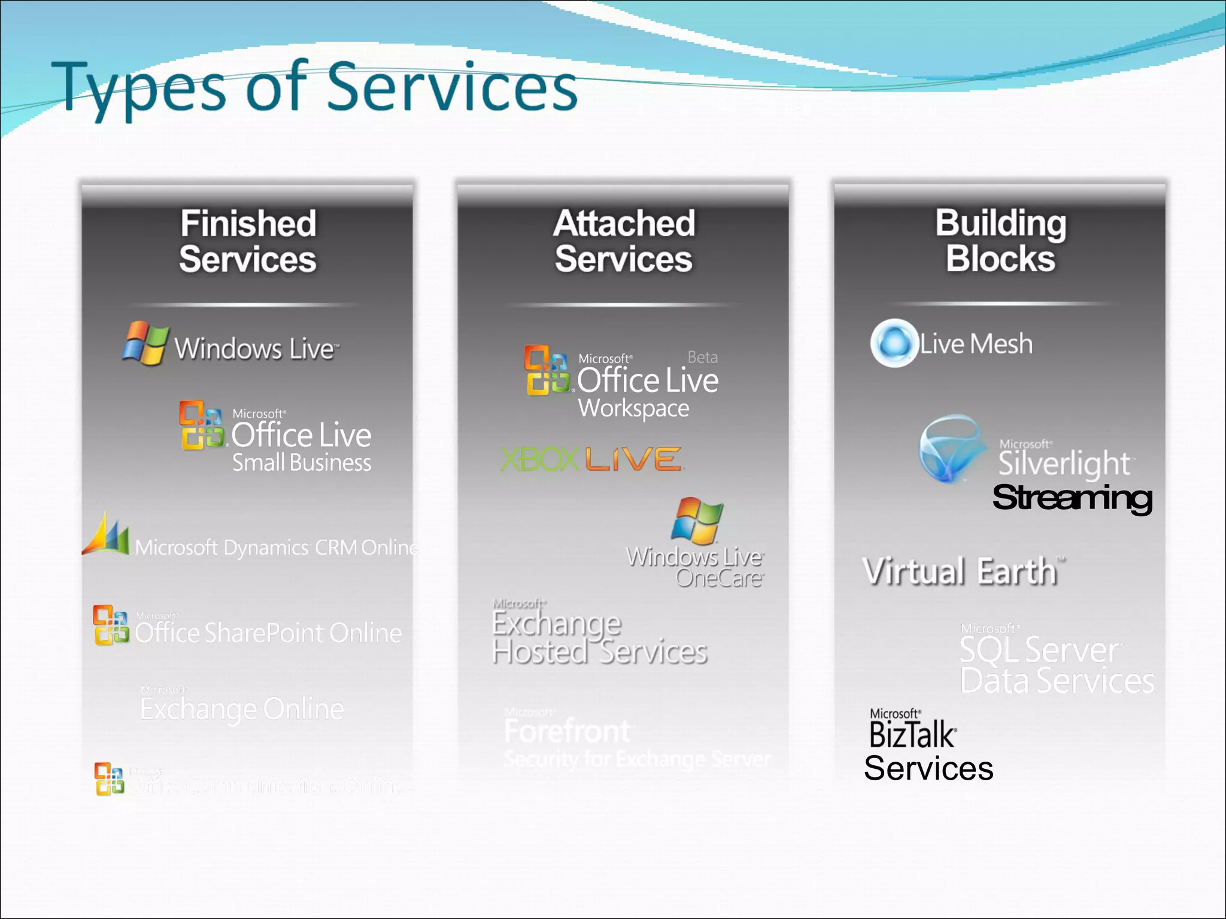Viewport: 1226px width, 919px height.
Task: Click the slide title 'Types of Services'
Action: (314, 88)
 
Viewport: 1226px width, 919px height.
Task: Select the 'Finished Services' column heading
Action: (248, 241)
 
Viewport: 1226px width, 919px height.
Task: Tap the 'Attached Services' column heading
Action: (624, 241)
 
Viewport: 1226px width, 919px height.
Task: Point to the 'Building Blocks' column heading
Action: (1000, 241)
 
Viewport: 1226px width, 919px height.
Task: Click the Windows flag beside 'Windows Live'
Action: (145, 343)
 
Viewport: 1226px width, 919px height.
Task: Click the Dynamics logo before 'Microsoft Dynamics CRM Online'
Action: (105, 534)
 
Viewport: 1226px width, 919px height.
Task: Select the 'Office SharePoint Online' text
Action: (268, 633)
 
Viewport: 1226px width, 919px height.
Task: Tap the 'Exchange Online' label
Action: (242, 708)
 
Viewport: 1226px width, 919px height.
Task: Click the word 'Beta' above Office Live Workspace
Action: (702, 357)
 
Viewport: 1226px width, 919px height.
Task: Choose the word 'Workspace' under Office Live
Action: (633, 408)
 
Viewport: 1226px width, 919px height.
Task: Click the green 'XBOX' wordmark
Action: (539, 459)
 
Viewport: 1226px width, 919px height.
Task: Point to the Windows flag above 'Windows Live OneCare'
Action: (697, 520)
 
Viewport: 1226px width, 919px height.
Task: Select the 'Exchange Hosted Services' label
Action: (599, 637)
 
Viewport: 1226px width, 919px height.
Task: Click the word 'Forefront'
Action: (567, 731)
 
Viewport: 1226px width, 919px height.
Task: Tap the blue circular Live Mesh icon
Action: (894, 343)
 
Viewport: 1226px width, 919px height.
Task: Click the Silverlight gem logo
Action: (952, 449)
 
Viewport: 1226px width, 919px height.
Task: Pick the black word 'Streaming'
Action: (1072, 498)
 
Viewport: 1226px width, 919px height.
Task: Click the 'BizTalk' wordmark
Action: (912, 735)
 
